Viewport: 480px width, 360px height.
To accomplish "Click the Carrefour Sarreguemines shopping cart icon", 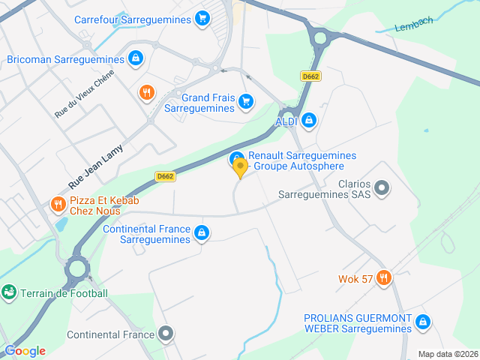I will click(x=202, y=19).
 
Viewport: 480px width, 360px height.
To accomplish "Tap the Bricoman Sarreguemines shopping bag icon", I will click(x=135, y=58).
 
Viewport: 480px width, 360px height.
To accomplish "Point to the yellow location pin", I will click(x=240, y=168).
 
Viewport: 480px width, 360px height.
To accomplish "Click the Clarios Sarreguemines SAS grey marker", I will click(x=382, y=187).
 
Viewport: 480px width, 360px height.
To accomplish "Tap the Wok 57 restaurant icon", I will click(x=384, y=279).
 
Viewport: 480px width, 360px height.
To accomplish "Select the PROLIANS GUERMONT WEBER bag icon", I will click(x=423, y=322).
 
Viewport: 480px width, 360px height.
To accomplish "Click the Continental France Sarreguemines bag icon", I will click(x=201, y=233).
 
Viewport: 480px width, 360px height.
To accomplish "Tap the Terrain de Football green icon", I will click(x=9, y=292).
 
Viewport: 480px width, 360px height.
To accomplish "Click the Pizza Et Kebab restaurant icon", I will click(x=58, y=204).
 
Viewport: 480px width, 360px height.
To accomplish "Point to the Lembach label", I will click(x=414, y=24).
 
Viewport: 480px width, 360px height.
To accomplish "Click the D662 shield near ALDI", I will click(x=310, y=76).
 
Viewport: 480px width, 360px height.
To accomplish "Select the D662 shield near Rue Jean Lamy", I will click(x=166, y=176).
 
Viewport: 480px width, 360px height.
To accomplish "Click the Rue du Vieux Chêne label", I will click(x=83, y=94).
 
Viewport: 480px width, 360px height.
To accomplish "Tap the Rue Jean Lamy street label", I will click(x=95, y=166).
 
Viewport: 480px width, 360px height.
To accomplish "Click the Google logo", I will click(x=25, y=350).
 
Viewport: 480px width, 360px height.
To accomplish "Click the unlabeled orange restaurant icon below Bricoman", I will click(x=146, y=93).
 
